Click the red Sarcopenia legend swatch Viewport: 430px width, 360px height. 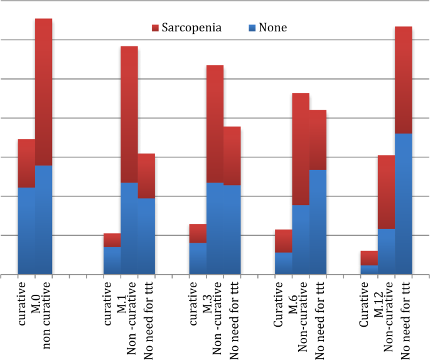click(x=156, y=28)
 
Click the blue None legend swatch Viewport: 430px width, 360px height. click(x=252, y=28)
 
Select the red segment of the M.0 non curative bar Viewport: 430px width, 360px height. click(x=43, y=92)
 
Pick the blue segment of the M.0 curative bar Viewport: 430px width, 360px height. click(x=26, y=231)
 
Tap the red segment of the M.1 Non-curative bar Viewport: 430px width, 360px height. click(x=129, y=115)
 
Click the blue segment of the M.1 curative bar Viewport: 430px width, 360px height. click(x=112, y=260)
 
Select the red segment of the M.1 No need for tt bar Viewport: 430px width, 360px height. click(x=146, y=176)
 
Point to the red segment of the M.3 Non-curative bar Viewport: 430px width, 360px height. click(x=215, y=124)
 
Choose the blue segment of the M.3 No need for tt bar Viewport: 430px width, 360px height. click(x=232, y=230)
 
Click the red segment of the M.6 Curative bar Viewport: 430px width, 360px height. click(x=284, y=241)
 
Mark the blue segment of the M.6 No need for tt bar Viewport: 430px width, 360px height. click(x=318, y=222)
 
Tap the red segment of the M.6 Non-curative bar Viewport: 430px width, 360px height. click(x=301, y=149)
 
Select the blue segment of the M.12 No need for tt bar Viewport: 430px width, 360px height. click(x=404, y=204)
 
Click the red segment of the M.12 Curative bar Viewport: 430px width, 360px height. click(x=370, y=258)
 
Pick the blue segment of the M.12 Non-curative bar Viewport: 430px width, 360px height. click(x=387, y=251)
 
